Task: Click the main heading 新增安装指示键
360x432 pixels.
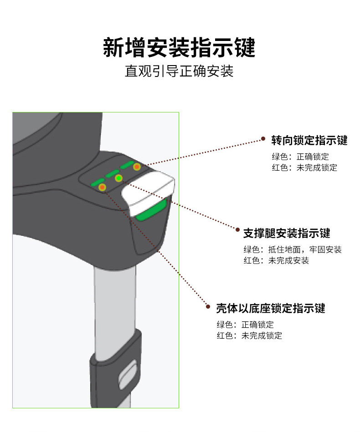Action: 179,48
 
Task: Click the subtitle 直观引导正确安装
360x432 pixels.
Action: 179,72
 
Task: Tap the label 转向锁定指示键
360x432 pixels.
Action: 309,140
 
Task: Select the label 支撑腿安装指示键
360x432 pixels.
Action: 286,234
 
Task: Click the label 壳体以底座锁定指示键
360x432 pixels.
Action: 271,308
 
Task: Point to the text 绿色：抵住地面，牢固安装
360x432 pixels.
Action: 292,249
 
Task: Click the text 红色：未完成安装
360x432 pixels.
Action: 276,261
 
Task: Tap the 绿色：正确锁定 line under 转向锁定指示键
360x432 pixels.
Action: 300,157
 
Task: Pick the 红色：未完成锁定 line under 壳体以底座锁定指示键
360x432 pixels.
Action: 249,336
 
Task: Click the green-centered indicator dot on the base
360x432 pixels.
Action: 119,178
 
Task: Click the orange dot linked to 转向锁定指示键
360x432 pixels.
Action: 136,167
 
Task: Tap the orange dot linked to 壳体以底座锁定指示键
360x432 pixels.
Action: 103,187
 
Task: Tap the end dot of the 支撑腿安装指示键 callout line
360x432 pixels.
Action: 237,230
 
